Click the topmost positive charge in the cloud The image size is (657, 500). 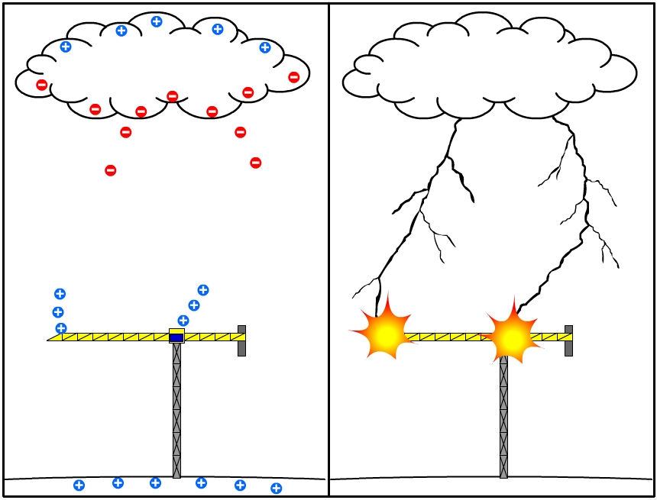[x=157, y=21]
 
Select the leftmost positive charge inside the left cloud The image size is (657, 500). [x=65, y=47]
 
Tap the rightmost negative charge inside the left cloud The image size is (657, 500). [x=293, y=76]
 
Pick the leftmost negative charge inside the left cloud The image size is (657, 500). [x=42, y=85]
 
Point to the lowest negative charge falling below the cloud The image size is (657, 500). [x=111, y=170]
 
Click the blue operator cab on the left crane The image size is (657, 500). [x=176, y=337]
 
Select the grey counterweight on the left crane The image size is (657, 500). [x=241, y=340]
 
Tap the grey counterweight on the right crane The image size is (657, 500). [x=568, y=340]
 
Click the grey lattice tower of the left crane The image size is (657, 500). [x=176, y=412]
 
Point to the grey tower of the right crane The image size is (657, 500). [x=503, y=420]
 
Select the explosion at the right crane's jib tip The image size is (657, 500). [x=385, y=334]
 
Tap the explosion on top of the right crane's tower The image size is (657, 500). [x=511, y=336]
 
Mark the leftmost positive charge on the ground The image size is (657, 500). [x=79, y=485]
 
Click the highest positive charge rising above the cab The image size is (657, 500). [x=203, y=290]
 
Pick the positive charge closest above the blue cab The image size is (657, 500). [x=183, y=321]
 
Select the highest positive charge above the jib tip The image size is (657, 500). [x=60, y=294]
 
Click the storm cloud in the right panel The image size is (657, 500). [x=489, y=69]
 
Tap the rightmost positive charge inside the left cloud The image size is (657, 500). [x=265, y=47]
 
